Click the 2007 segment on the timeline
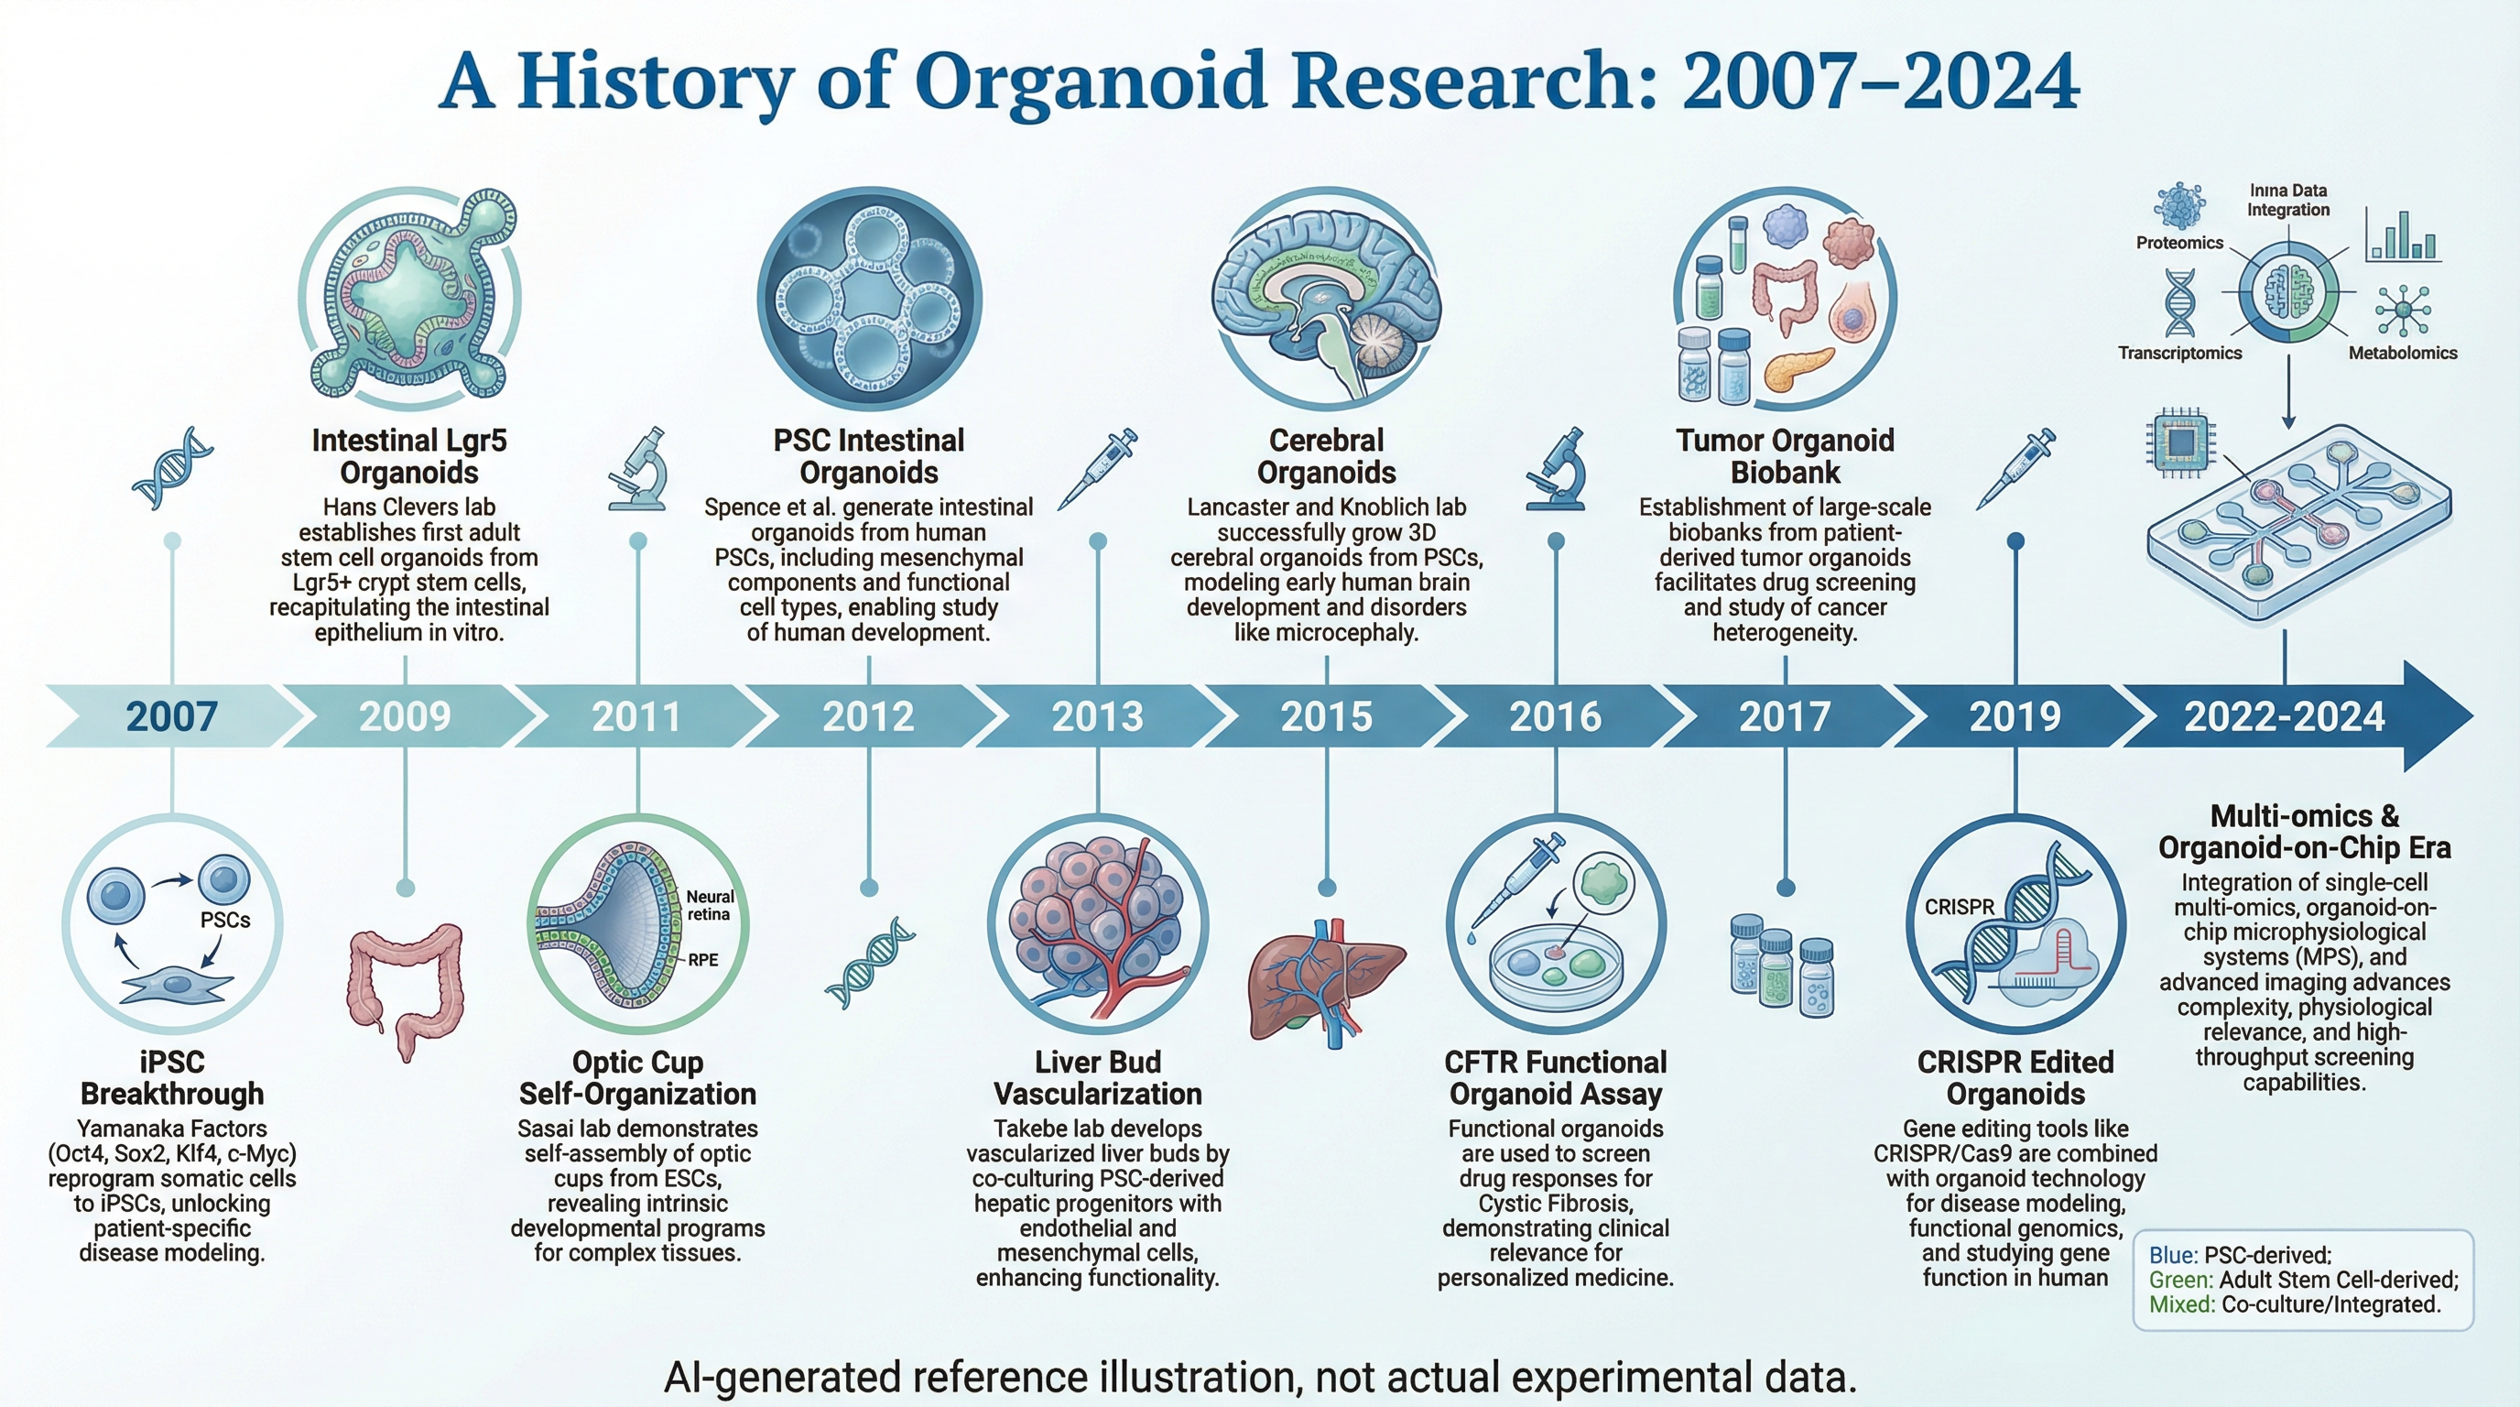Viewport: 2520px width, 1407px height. point(171,716)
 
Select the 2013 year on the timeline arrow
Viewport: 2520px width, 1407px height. point(1098,716)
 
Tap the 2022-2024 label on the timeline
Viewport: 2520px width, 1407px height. point(2285,716)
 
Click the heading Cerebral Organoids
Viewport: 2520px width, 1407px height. point(1327,456)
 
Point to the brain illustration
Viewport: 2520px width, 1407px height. point(1327,299)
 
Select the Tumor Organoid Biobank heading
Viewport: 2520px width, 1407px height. point(1786,456)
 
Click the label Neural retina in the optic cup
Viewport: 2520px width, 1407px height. point(710,905)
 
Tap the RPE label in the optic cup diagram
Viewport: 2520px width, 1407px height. point(703,960)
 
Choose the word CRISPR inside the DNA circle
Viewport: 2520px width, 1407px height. point(1960,907)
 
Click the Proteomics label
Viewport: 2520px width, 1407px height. point(2179,243)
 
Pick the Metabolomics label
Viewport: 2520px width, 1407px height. point(2403,354)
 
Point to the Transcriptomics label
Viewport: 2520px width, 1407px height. point(2179,354)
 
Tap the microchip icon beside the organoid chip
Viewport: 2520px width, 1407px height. point(2181,445)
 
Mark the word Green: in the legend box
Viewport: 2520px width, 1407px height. point(2181,1280)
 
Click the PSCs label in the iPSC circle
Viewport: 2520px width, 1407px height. point(225,920)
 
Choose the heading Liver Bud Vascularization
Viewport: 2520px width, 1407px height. point(1098,1077)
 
